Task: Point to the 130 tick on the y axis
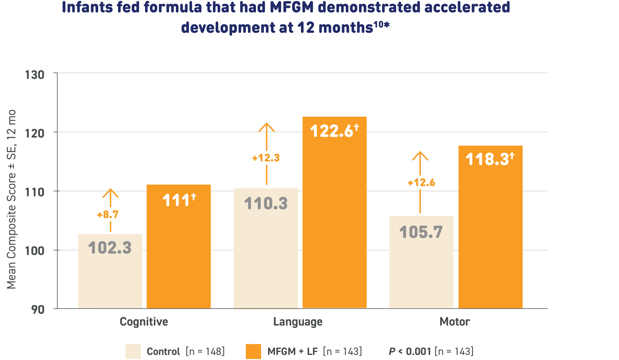tap(35, 75)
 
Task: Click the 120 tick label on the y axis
tap(35, 134)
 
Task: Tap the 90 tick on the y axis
tap(38, 310)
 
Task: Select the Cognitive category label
tap(144, 322)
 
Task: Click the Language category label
tap(298, 322)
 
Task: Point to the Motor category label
tap(454, 322)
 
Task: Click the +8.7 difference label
tap(108, 215)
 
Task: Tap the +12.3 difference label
tap(266, 158)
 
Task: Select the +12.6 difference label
tap(421, 183)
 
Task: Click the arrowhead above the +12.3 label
tap(266, 127)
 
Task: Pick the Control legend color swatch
tap(133, 351)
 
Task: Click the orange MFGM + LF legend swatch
tap(253, 351)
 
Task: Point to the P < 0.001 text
tap(410, 351)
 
